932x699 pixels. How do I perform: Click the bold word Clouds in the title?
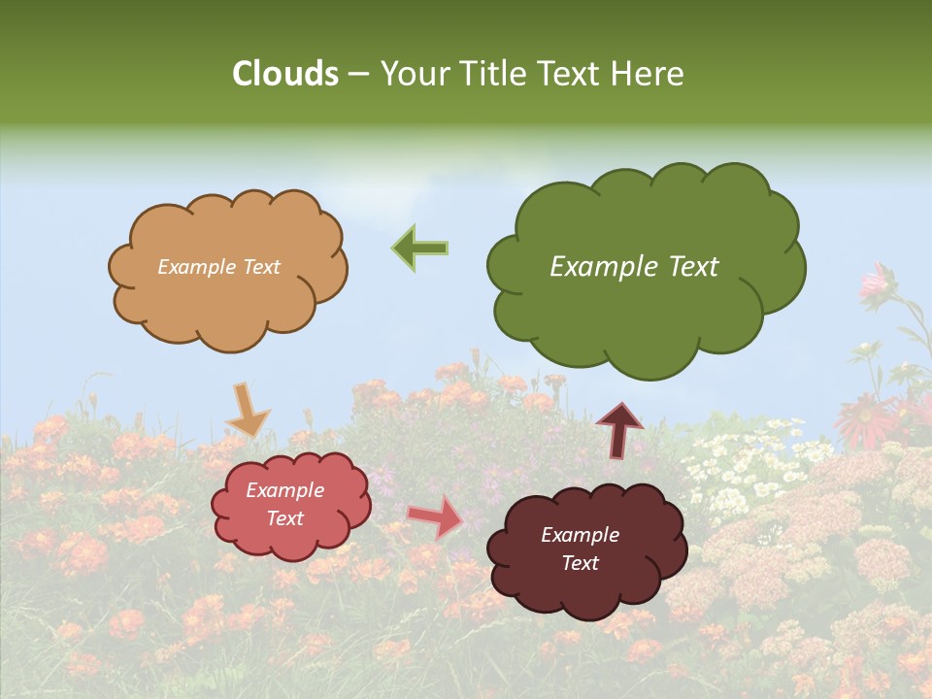(x=285, y=74)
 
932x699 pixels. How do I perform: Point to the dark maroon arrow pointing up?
(x=619, y=430)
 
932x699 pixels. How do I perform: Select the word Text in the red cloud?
(x=285, y=518)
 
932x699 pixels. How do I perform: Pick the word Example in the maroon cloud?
(x=580, y=535)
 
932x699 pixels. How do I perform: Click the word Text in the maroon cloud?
(x=580, y=563)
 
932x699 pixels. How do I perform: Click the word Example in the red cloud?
(x=285, y=490)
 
